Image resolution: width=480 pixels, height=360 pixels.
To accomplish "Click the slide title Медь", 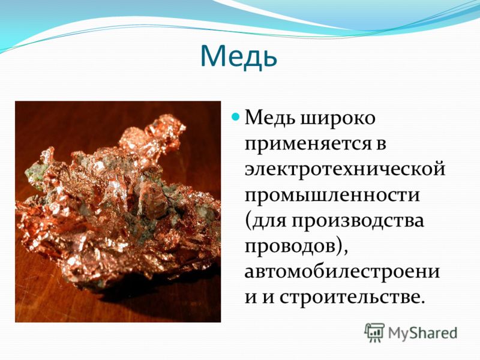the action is point(239,56).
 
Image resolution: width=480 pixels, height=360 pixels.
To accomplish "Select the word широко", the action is point(337,118).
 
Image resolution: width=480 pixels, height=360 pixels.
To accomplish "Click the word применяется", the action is point(310,143).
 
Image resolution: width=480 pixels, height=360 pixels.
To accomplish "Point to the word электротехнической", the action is point(344,169).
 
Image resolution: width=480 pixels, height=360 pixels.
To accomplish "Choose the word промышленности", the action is point(332,194).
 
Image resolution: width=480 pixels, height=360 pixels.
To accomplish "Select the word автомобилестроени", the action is point(342,271).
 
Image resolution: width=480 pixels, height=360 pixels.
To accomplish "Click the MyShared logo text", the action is point(423,333).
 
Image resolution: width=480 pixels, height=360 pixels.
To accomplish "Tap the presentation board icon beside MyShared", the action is point(374,332).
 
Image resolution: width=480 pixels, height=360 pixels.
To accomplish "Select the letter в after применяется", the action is point(381,145).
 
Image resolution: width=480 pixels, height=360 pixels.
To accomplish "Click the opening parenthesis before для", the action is point(248,221).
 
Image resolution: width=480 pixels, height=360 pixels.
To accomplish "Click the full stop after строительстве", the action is point(422,302).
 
